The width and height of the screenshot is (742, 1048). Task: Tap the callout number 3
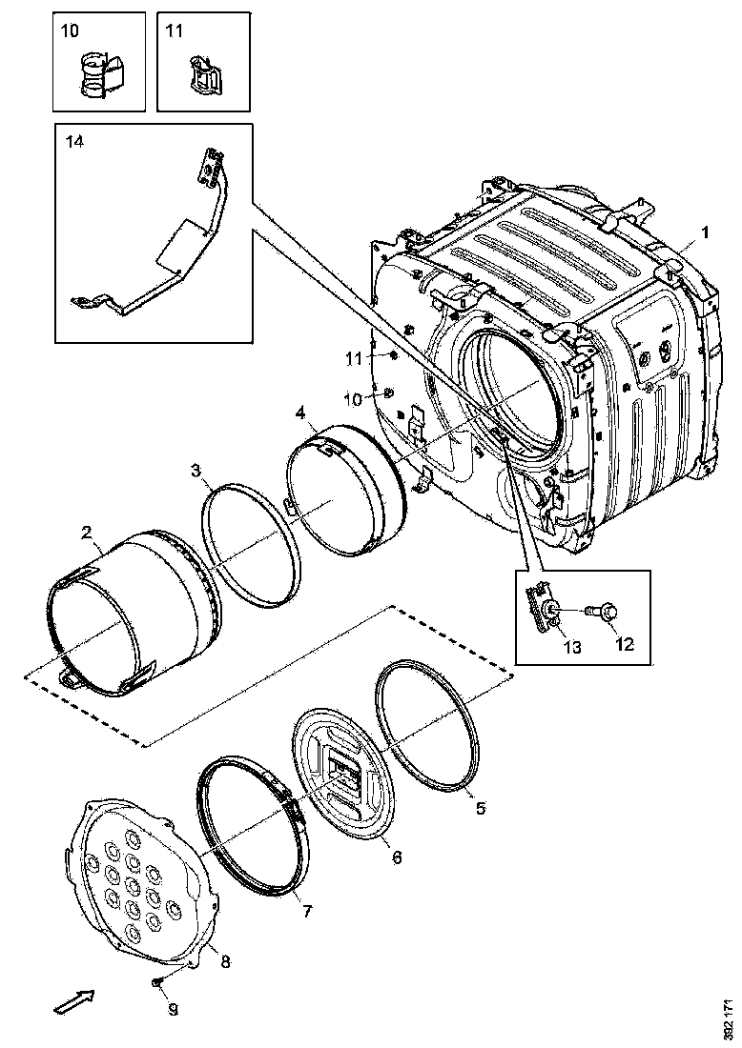pos(195,470)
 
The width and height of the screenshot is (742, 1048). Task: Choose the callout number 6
pos(396,857)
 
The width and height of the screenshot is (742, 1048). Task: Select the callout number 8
pos(225,961)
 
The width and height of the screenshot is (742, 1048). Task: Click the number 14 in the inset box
pos(74,142)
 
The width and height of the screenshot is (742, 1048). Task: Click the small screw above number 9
pos(158,981)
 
